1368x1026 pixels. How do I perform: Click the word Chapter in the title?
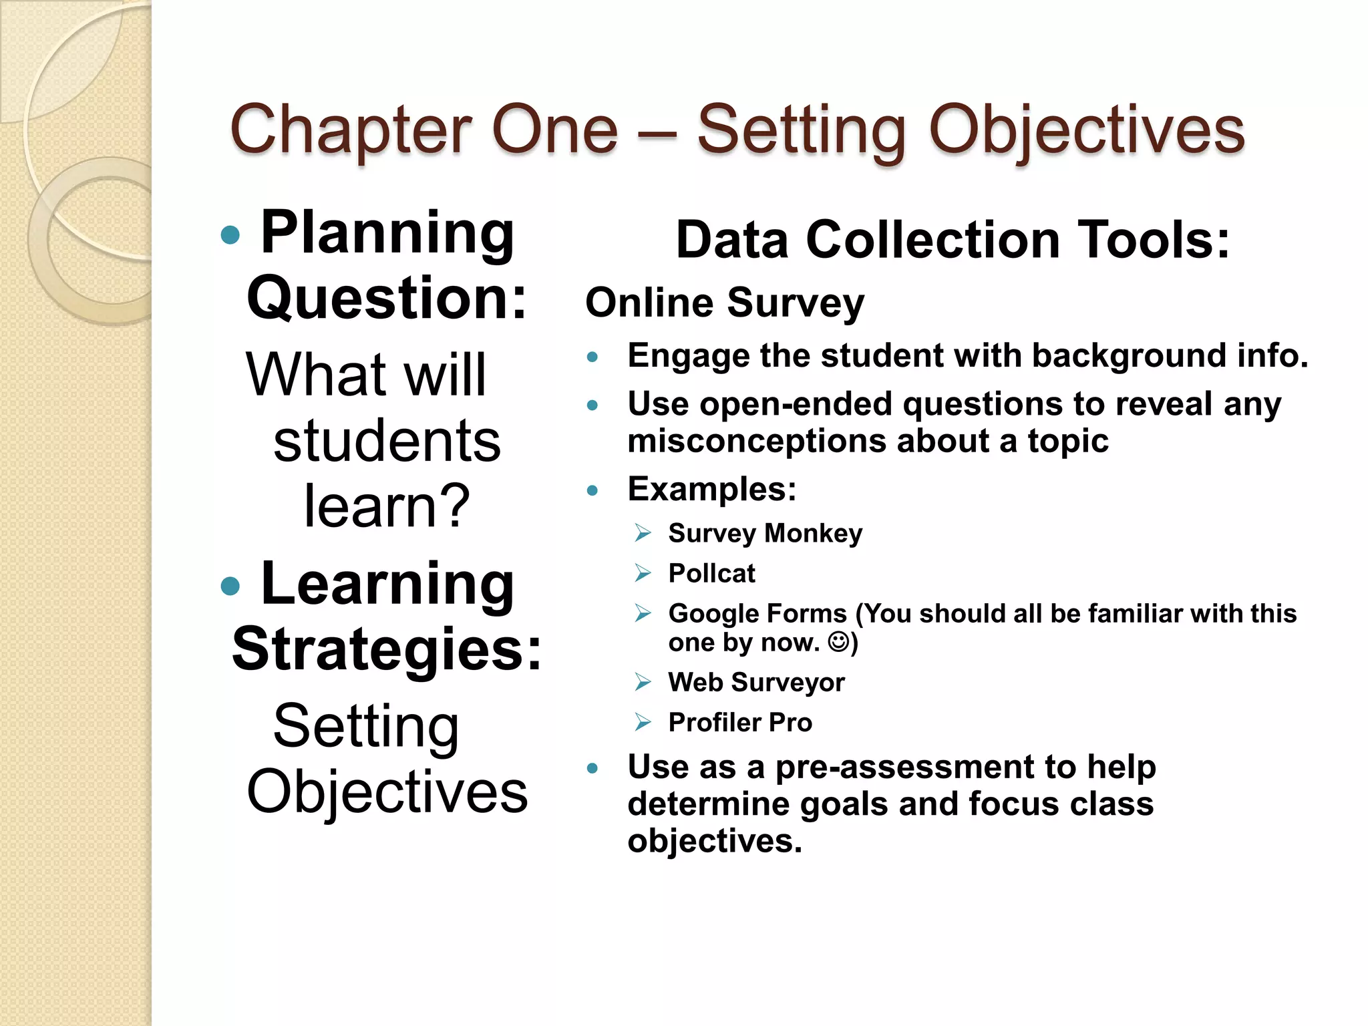(x=350, y=131)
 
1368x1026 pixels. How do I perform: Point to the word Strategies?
(x=386, y=649)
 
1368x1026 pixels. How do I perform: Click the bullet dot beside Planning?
(x=230, y=234)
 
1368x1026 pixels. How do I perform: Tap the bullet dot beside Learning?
(x=230, y=586)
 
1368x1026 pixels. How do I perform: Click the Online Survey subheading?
(x=725, y=303)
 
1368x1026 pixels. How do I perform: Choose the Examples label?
(x=712, y=489)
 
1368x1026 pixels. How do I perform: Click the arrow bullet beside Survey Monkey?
(x=643, y=533)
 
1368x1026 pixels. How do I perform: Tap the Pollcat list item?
(x=711, y=573)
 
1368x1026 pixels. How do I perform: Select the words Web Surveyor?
(x=756, y=682)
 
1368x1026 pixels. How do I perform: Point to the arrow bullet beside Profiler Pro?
(x=643, y=722)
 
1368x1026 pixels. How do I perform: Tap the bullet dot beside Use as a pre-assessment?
(x=592, y=768)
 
